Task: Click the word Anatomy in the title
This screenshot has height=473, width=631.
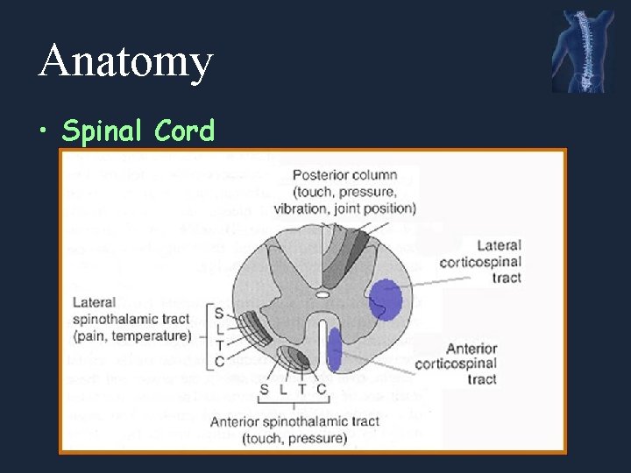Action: pos(125,61)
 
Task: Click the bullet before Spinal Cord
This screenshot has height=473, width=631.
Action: pos(45,132)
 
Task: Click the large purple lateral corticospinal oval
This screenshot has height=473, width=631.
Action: pos(386,300)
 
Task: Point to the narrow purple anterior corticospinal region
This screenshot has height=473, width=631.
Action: pos(334,346)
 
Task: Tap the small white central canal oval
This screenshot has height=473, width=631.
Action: pos(323,295)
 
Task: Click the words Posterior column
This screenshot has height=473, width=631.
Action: pos(344,175)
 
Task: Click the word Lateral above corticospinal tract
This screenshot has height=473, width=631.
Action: pos(500,246)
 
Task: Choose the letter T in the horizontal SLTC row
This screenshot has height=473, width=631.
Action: pos(301,388)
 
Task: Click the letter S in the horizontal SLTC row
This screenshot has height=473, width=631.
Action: pos(264,388)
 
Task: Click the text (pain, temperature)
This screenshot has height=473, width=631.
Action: pos(132,336)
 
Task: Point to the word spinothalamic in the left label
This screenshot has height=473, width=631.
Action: pos(131,320)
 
